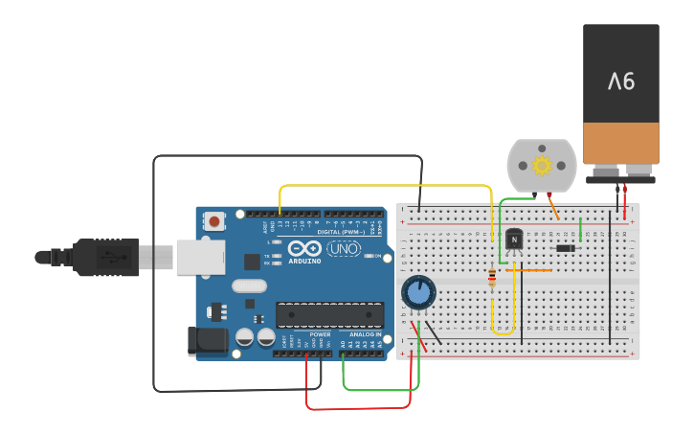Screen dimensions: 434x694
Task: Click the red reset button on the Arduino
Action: click(213, 221)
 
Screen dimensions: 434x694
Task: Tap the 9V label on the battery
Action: click(621, 80)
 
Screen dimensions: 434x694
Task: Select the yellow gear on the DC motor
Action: click(542, 165)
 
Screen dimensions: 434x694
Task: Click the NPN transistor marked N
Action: click(514, 238)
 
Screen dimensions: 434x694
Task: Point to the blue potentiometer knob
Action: click(418, 292)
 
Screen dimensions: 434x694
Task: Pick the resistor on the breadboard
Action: click(492, 278)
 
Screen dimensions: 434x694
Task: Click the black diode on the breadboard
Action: click(566, 248)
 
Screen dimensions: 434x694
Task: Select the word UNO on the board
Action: click(344, 248)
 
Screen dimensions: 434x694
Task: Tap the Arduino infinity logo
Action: click(303, 248)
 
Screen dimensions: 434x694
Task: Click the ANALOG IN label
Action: click(365, 334)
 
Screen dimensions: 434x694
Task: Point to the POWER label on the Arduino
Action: click(320, 334)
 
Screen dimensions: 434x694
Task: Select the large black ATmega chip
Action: click(329, 314)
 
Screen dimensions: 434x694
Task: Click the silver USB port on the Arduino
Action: click(200, 257)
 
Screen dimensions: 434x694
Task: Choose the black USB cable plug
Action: click(105, 257)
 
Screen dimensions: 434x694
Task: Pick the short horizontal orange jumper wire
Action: click(528, 270)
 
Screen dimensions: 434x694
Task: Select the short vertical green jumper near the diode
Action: click(580, 230)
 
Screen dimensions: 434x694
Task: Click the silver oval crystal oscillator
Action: click(249, 286)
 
